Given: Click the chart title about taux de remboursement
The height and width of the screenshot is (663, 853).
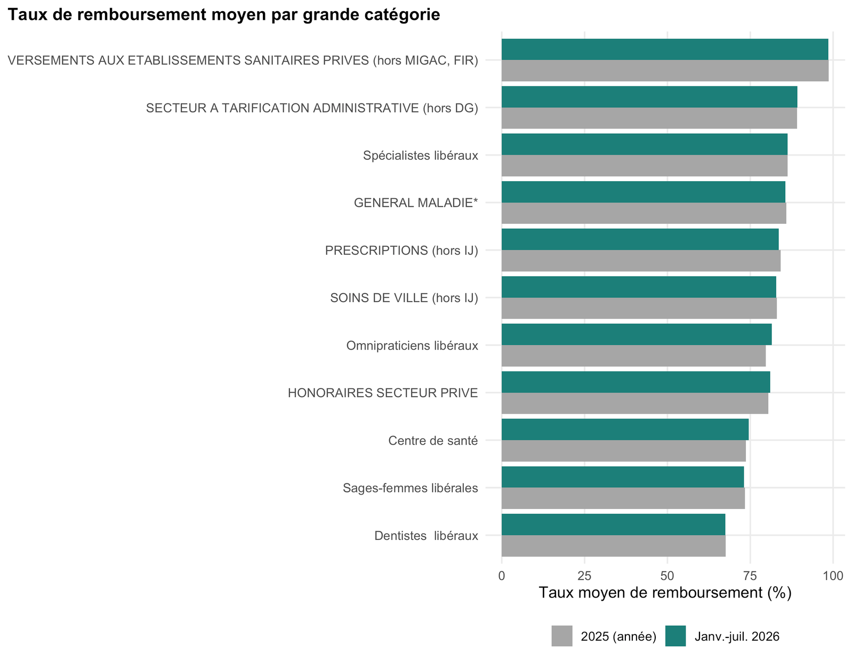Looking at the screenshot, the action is click(x=224, y=14).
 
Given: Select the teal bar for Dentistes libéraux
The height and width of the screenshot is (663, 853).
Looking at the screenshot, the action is click(x=613, y=524).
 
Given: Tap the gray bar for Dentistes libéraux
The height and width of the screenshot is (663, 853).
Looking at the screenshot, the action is click(x=614, y=546).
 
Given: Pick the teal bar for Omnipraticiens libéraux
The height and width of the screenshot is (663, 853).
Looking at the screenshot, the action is click(x=637, y=335).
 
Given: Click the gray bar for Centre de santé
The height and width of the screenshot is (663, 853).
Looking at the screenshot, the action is click(x=623, y=451).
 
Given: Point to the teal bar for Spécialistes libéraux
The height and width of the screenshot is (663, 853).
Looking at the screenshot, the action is click(x=644, y=144).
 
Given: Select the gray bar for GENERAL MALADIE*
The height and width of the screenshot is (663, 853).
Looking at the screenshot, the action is click(x=644, y=213).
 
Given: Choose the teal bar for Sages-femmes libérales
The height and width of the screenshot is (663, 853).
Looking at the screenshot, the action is click(x=623, y=477).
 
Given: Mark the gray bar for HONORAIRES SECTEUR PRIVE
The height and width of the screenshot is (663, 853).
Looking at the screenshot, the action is click(x=635, y=403).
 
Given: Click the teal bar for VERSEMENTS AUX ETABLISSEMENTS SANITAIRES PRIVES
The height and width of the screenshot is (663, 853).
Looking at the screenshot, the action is click(x=665, y=50).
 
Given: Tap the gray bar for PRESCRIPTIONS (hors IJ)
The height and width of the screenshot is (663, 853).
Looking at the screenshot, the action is click(x=641, y=261).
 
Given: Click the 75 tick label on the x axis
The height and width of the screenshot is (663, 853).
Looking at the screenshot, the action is click(x=750, y=576).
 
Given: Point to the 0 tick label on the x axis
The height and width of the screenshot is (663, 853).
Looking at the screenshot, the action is click(x=502, y=576).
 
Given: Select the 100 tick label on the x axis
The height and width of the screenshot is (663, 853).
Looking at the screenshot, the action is click(x=833, y=576).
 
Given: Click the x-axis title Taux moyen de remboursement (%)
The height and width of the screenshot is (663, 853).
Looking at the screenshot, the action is click(x=665, y=593).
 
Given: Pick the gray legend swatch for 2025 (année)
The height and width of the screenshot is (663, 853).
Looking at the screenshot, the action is click(x=562, y=636).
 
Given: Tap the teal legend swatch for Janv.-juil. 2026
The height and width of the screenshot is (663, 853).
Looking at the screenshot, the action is click(x=675, y=636).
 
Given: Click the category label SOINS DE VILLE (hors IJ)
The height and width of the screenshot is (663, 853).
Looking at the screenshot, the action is click(x=404, y=298).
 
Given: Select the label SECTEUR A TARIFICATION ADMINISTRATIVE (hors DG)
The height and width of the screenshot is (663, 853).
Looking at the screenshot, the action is click(x=312, y=108).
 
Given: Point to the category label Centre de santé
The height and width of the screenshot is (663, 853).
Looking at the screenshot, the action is click(x=433, y=441).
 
